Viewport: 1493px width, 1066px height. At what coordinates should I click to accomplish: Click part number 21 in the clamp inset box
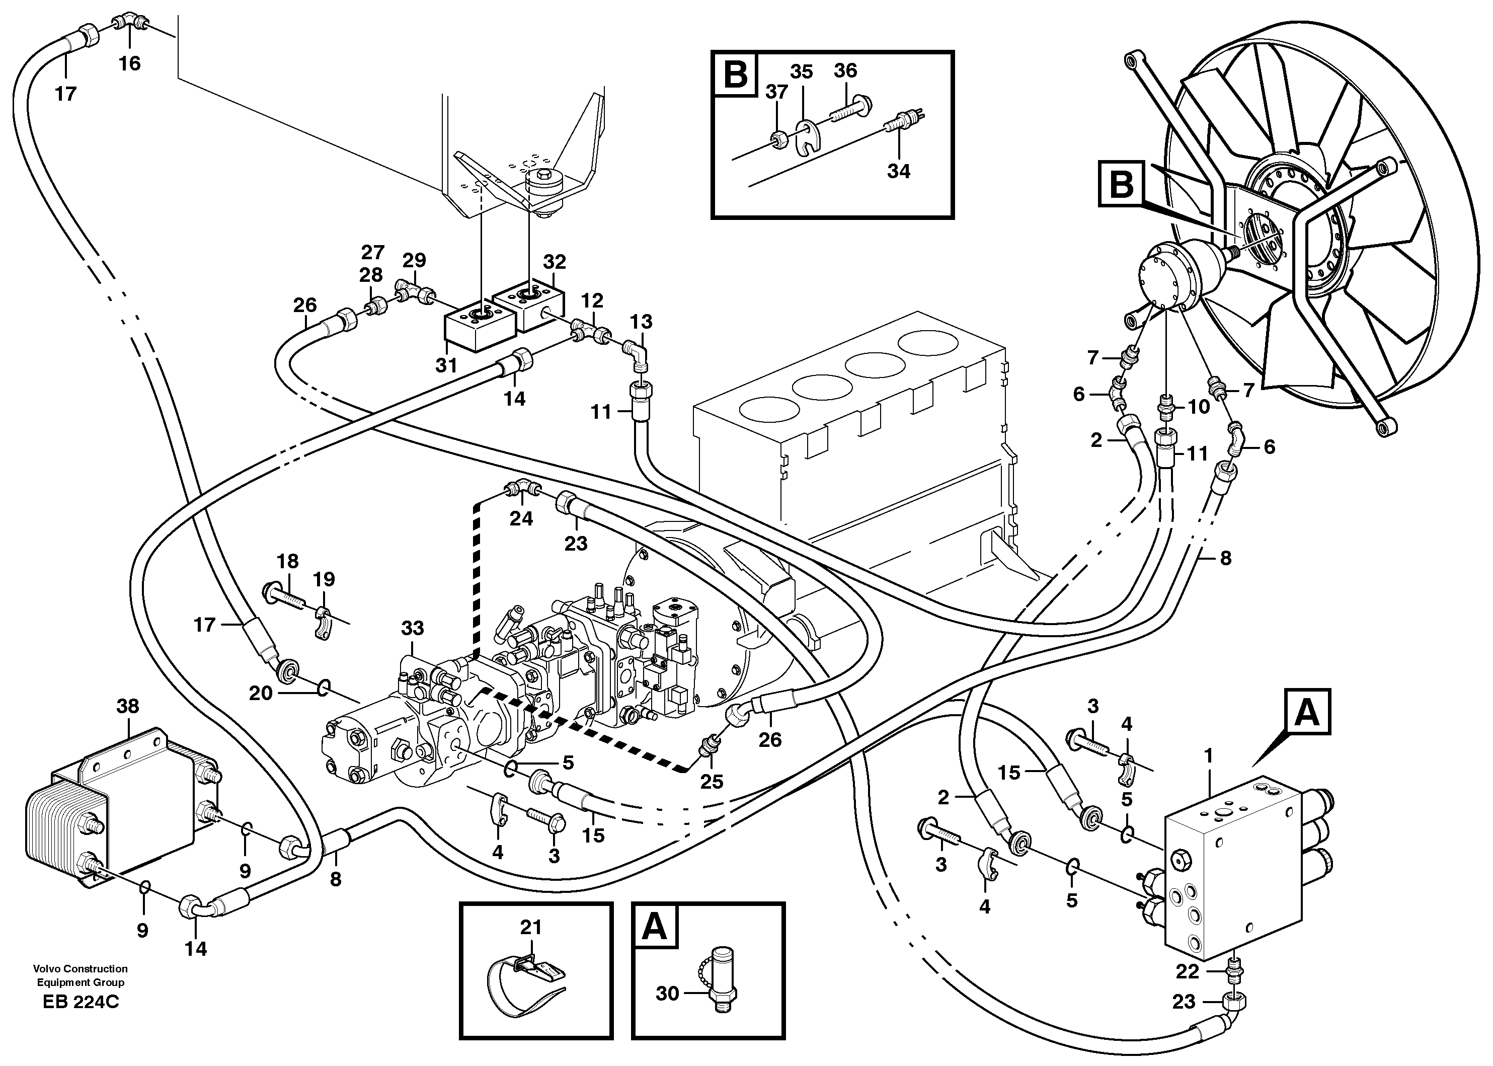530,927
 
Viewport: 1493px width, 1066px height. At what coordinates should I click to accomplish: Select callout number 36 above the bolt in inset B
845,70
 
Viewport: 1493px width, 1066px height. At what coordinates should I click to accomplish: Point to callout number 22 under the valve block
1187,971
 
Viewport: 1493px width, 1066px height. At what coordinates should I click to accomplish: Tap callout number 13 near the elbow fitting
641,322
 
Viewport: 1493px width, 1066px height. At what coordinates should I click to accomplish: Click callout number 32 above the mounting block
555,261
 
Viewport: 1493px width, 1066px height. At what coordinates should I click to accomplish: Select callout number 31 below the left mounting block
446,365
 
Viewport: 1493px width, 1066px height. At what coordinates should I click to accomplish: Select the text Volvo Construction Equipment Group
81,975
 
